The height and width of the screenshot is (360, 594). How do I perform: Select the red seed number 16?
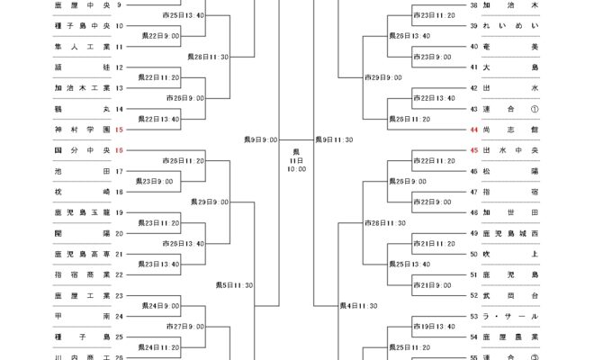point(119,150)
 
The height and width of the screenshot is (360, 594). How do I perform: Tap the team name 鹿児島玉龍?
point(82,212)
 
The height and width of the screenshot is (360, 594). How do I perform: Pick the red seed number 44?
point(474,130)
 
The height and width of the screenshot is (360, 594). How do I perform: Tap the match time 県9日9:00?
point(260,139)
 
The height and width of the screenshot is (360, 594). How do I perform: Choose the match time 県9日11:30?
point(334,139)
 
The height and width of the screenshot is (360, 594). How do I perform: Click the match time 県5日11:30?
point(234,284)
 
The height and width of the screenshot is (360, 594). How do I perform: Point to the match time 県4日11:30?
point(358,306)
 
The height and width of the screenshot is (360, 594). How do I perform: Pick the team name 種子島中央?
point(82,26)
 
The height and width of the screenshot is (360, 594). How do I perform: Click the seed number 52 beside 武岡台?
point(474,295)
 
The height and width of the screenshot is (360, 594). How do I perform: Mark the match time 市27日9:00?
point(185,327)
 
